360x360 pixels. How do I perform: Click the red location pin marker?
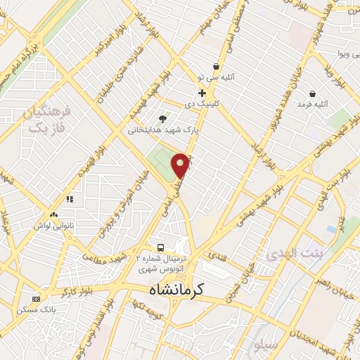[181, 165]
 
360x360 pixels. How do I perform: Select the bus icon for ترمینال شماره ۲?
[162, 247]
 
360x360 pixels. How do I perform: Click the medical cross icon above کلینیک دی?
[202, 92]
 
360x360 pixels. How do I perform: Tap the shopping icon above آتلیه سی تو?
[217, 67]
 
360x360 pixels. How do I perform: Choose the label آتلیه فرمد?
[312, 105]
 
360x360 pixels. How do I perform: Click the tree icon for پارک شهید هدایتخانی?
[163, 118]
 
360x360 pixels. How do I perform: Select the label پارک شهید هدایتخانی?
[164, 130]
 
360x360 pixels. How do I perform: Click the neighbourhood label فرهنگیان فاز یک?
[47, 120]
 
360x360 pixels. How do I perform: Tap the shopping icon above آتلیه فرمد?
[312, 94]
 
